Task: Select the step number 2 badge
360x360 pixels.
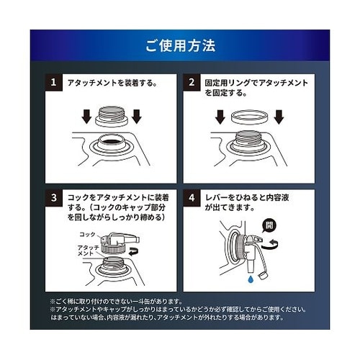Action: click(192, 83)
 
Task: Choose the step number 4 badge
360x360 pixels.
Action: click(192, 197)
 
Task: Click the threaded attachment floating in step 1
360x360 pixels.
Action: click(112, 116)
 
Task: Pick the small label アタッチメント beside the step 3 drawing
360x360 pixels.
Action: click(87, 249)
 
